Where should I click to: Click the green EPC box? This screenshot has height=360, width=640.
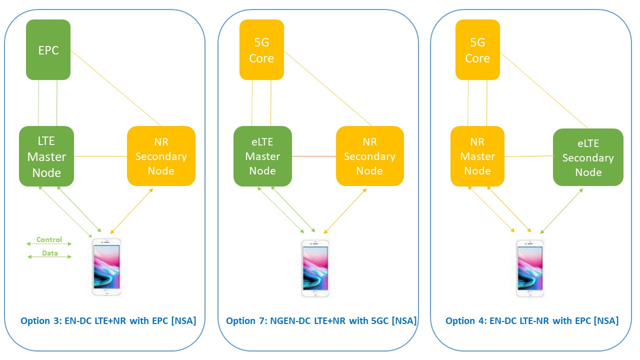click(x=48, y=50)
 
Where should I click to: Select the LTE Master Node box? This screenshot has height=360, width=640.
click(x=46, y=156)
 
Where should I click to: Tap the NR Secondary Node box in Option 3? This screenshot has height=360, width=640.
click(x=161, y=156)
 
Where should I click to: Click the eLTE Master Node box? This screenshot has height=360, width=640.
click(x=262, y=156)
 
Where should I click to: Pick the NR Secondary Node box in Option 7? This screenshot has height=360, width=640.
click(x=369, y=156)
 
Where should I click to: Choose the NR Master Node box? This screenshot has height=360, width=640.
click(x=477, y=156)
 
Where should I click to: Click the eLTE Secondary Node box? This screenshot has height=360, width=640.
click(x=588, y=157)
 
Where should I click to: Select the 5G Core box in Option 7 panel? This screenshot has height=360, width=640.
click(x=261, y=50)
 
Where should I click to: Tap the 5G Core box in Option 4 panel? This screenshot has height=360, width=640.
click(x=477, y=50)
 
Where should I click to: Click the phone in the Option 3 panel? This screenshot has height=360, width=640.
click(x=106, y=267)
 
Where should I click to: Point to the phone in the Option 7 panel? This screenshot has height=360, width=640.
click(x=315, y=268)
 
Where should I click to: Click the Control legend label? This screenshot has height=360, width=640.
click(x=49, y=240)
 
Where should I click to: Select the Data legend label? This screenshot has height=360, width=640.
click(x=49, y=253)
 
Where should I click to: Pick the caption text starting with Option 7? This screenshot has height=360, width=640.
click(x=321, y=320)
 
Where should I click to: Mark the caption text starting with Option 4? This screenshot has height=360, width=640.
click(x=532, y=320)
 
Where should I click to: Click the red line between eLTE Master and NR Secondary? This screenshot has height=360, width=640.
click(x=314, y=156)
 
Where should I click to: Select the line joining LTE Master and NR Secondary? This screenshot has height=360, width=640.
click(x=100, y=156)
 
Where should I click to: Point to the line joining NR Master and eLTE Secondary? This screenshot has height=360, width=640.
click(x=528, y=156)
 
